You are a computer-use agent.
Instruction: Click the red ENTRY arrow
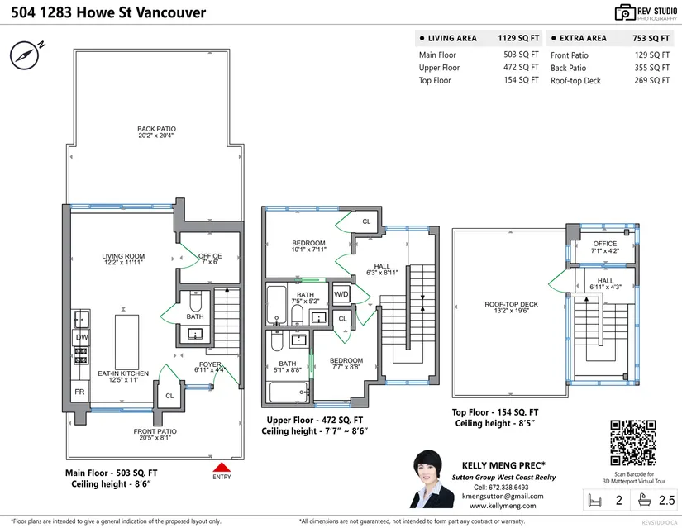point(222,467)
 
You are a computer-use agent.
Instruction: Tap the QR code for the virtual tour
point(633,443)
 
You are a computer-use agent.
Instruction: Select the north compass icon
point(25,55)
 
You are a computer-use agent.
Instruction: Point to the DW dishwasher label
point(82,337)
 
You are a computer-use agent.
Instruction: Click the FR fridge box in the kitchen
point(80,392)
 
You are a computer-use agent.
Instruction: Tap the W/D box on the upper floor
point(341,294)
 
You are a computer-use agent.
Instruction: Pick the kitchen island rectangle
point(126,342)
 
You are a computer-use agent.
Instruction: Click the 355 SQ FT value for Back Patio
point(651,68)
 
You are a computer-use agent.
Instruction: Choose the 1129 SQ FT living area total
point(518,38)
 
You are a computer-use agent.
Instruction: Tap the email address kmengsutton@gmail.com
point(503,497)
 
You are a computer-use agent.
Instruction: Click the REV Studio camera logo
point(625,12)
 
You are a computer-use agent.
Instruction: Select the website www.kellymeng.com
point(503,506)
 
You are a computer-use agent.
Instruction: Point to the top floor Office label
point(605,244)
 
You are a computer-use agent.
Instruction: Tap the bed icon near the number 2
point(594,500)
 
